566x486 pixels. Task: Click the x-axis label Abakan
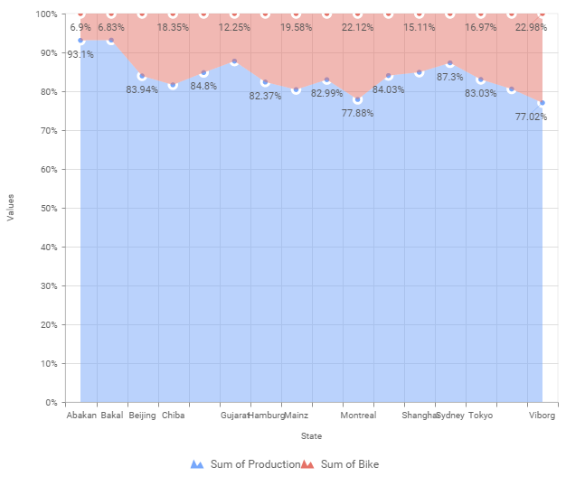(81, 416)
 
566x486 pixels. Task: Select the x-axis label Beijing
(142, 416)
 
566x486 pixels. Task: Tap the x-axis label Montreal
(358, 416)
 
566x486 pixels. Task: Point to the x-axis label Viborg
(542, 416)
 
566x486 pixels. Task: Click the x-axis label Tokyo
(480, 416)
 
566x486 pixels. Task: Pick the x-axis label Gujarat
(234, 416)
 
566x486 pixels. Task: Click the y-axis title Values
(11, 209)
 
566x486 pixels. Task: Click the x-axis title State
(311, 436)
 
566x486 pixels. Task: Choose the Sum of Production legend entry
(245, 464)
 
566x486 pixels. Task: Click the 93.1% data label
(80, 55)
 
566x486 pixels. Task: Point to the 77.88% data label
(357, 114)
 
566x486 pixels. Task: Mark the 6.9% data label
(80, 28)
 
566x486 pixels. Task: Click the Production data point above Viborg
(542, 104)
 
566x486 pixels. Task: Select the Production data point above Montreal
(357, 100)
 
